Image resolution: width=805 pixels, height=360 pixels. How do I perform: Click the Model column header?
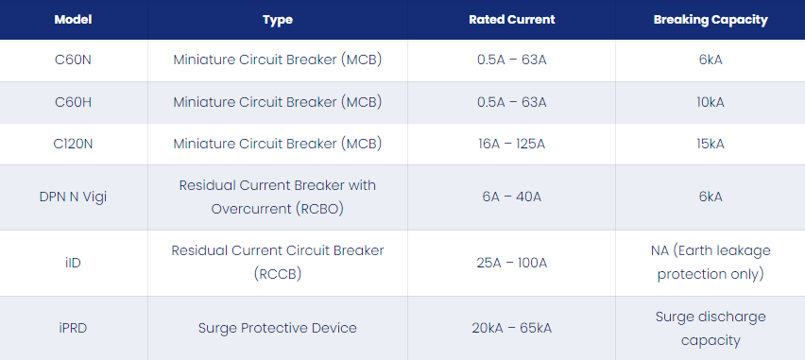point(73,20)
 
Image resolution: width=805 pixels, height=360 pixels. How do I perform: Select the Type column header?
point(278,20)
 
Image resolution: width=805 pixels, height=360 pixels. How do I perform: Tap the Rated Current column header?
point(512,20)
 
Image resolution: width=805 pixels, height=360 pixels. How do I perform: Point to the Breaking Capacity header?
point(711,20)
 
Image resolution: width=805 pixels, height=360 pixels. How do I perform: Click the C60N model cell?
point(73,60)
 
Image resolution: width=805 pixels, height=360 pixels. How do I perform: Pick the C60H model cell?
point(73,102)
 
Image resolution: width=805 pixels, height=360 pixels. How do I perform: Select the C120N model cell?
point(73,145)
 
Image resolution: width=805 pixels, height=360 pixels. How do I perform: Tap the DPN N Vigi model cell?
point(73,197)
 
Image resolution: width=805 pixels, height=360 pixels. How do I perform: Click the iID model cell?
point(73,263)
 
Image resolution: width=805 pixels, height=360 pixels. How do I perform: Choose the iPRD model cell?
point(73,328)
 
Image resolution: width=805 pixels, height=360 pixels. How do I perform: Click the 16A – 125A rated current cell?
point(512,145)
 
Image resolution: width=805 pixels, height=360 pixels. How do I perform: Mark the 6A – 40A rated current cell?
point(512,197)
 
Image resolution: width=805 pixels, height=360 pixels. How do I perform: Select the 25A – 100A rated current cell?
point(512,263)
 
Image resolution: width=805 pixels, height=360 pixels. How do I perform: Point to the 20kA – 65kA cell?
point(512,328)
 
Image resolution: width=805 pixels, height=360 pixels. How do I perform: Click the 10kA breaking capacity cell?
point(711,102)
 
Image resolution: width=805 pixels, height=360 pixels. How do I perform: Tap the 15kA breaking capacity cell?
point(711,145)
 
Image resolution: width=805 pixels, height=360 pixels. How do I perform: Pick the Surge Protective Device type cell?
point(278,328)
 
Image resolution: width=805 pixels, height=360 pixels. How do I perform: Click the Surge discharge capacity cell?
point(711,328)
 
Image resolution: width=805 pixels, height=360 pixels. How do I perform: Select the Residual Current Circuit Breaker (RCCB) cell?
point(278,263)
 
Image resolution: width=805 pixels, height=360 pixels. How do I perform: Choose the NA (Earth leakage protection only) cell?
point(711,263)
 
